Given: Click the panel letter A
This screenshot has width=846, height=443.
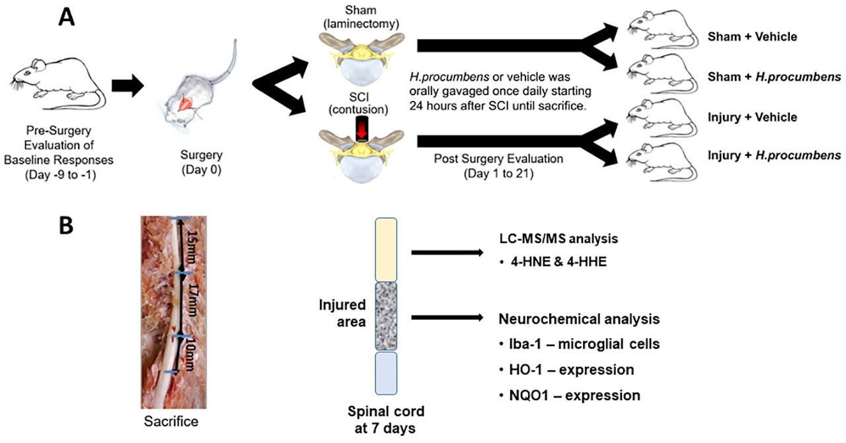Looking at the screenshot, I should click(x=67, y=17).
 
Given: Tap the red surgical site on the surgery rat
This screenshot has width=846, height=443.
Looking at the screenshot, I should click(x=187, y=101).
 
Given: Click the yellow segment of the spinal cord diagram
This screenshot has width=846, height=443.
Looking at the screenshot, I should click(x=386, y=250).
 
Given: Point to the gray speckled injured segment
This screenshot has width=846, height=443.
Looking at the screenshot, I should click(x=386, y=316).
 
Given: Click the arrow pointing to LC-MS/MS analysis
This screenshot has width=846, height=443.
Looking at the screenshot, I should click(x=445, y=252).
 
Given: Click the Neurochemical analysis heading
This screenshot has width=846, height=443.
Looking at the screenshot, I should click(x=578, y=319).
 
